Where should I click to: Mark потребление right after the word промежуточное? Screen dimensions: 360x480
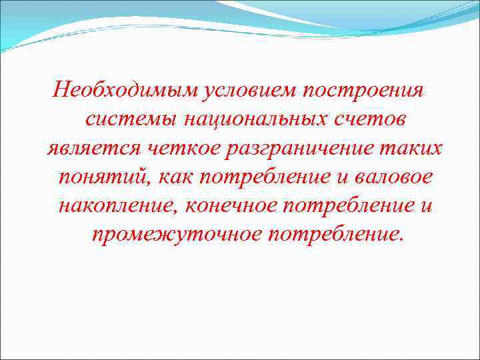(x=333, y=235)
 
